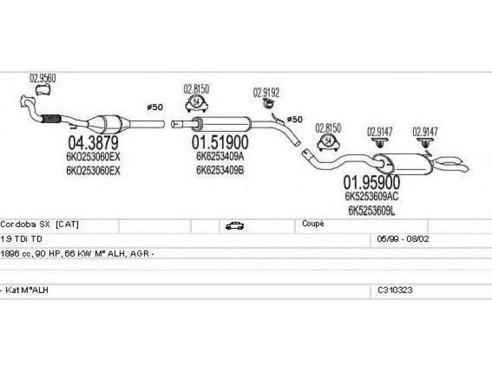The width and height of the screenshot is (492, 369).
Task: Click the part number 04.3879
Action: [x=93, y=143]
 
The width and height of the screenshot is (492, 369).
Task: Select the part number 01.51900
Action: [x=220, y=142]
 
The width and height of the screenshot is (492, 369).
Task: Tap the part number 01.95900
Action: [x=371, y=182]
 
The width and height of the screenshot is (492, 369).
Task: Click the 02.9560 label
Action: [x=42, y=78]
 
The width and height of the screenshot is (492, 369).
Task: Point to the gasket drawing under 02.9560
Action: [x=43, y=90]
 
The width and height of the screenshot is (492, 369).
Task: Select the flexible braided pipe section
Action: [x=50, y=119]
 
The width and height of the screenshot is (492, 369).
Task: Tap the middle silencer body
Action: [x=224, y=124]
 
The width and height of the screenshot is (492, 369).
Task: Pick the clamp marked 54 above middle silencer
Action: [x=196, y=103]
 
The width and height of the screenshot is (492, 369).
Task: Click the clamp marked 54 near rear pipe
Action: [x=328, y=142]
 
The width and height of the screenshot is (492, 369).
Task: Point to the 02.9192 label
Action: [x=266, y=93]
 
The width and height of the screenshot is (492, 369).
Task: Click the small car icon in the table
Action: [x=235, y=226]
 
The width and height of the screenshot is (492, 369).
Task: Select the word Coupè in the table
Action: [x=313, y=223]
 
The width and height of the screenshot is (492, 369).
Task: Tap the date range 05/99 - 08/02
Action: [x=403, y=239]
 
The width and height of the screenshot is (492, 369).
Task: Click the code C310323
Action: [x=395, y=290]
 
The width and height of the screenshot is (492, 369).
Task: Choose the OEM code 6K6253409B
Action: [x=220, y=170]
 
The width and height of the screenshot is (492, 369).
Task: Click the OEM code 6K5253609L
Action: [x=371, y=210]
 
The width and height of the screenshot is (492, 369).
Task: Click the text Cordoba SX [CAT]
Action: [x=39, y=224]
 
